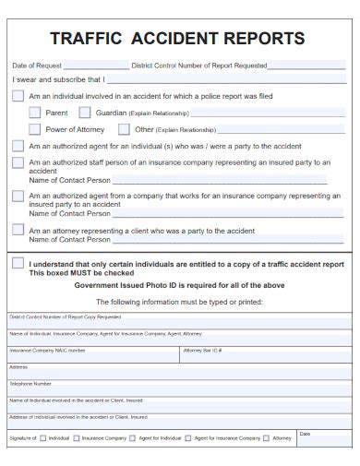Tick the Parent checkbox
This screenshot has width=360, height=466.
(34, 113)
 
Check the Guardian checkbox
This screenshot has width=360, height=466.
(85, 113)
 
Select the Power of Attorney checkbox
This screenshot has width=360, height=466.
(34, 129)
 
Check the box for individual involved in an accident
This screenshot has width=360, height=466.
(18, 96)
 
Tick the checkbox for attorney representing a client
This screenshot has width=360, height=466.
(18, 229)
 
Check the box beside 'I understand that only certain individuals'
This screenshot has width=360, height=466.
(18, 263)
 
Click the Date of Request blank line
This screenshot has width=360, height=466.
(97, 66)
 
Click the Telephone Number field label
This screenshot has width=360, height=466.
(30, 383)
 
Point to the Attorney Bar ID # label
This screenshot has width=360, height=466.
(203, 351)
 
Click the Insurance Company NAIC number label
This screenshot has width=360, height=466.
(47, 351)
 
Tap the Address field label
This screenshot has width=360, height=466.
(18, 366)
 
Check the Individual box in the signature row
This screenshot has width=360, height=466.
(42, 438)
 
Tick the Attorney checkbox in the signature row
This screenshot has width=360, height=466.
(266, 438)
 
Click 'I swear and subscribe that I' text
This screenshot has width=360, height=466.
(57, 79)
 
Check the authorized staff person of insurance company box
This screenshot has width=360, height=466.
(18, 162)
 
